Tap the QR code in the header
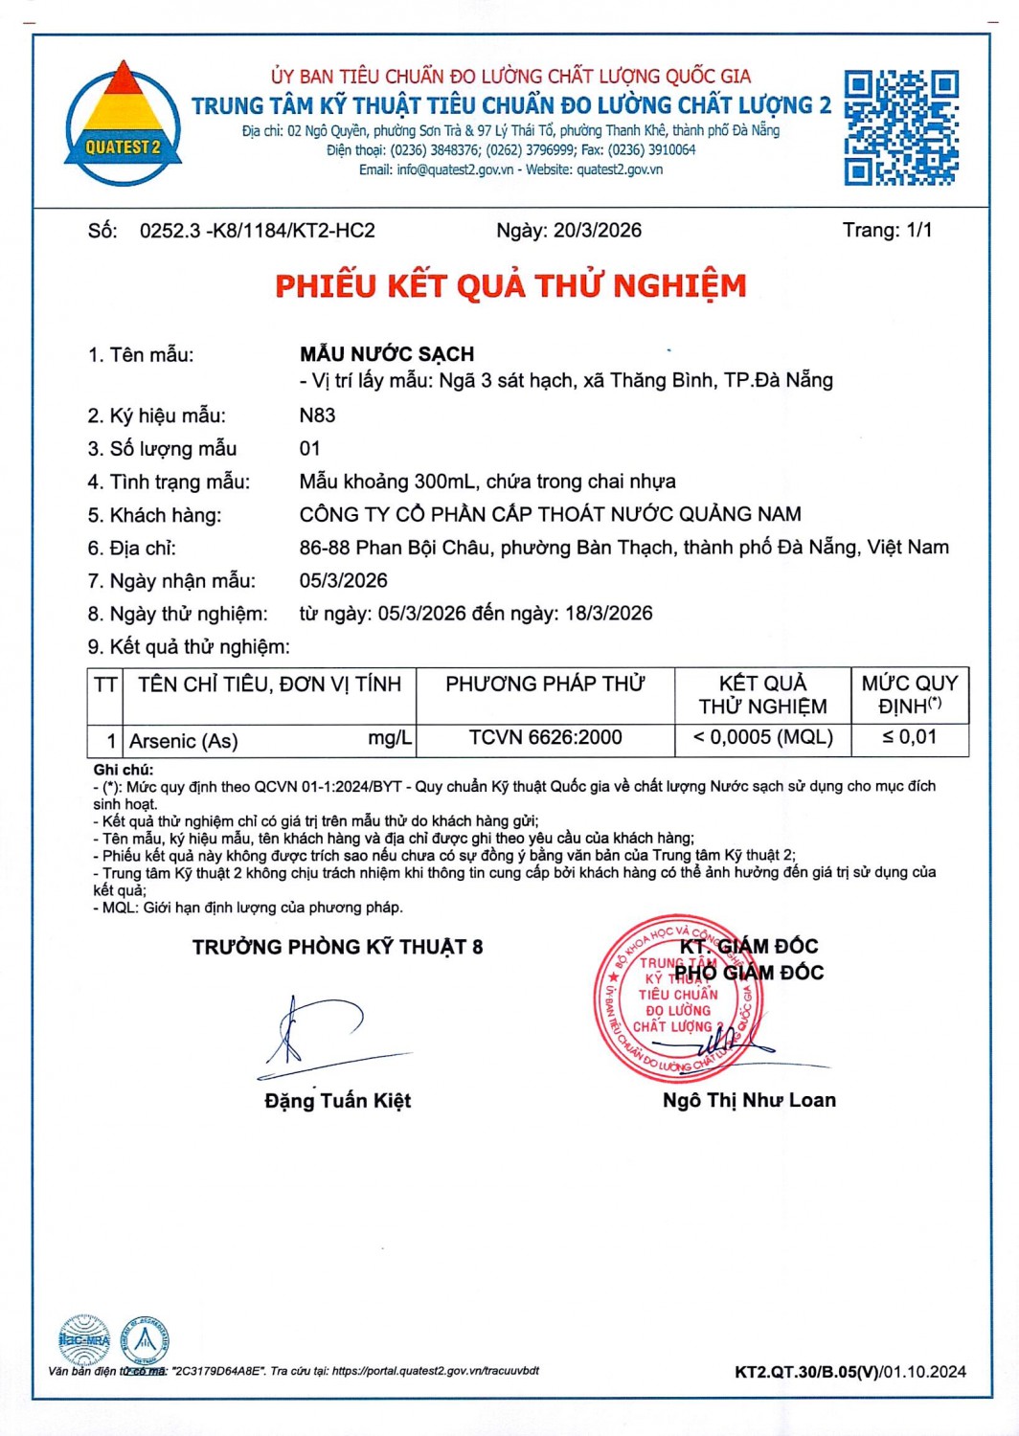[x=900, y=127]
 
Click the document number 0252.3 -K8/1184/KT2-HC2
[x=257, y=231]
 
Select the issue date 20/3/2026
[x=597, y=231]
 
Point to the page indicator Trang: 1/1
[x=887, y=230]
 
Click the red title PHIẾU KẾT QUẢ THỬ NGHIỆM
[x=510, y=286]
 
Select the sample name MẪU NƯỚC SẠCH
[x=387, y=354]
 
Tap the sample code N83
[x=317, y=415]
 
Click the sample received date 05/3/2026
[x=343, y=581]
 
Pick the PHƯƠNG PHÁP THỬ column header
[x=545, y=684]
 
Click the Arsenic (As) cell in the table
[x=184, y=741]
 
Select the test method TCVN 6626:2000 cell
[x=545, y=738]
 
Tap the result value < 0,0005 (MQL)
[x=762, y=738]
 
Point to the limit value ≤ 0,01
[x=909, y=737]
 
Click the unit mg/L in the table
[x=390, y=739]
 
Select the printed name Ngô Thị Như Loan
[x=749, y=1101]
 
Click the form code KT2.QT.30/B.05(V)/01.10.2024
[x=850, y=1372]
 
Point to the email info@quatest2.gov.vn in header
[x=455, y=170]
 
